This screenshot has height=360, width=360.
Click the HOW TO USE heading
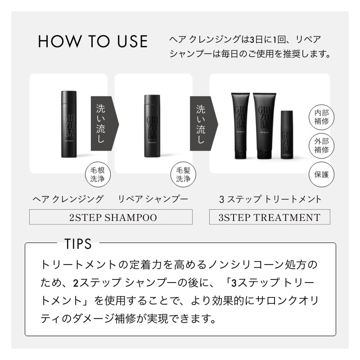tap(93, 41)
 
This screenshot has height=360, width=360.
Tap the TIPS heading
tap(78, 244)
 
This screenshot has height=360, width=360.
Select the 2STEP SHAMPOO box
tap(111, 217)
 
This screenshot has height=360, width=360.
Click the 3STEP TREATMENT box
tap(270, 217)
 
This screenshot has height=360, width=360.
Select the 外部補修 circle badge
tap(322, 145)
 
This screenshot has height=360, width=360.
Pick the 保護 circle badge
tap(322, 175)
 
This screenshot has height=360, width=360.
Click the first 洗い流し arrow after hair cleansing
tap(103, 123)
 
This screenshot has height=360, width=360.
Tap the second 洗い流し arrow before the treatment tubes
tap(202, 123)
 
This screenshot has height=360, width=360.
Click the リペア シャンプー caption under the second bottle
tap(153, 199)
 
